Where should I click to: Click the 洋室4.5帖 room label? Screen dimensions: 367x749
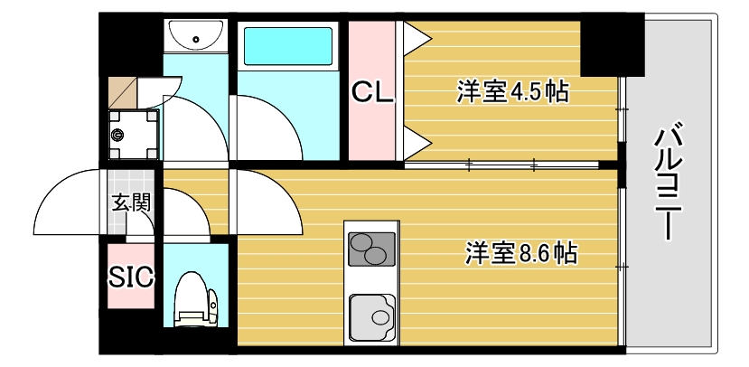(511, 91)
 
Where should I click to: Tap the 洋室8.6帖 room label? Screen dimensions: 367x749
(521, 253)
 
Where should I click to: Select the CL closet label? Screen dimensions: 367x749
(372, 92)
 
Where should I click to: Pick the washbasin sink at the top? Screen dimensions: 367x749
(195, 37)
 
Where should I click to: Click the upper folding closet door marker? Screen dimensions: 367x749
(417, 36)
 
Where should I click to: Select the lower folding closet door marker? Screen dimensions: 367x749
(417, 140)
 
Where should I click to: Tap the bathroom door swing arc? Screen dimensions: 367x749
(267, 127)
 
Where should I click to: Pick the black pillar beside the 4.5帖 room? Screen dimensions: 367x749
(611, 45)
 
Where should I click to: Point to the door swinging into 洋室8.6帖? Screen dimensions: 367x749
(267, 203)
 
